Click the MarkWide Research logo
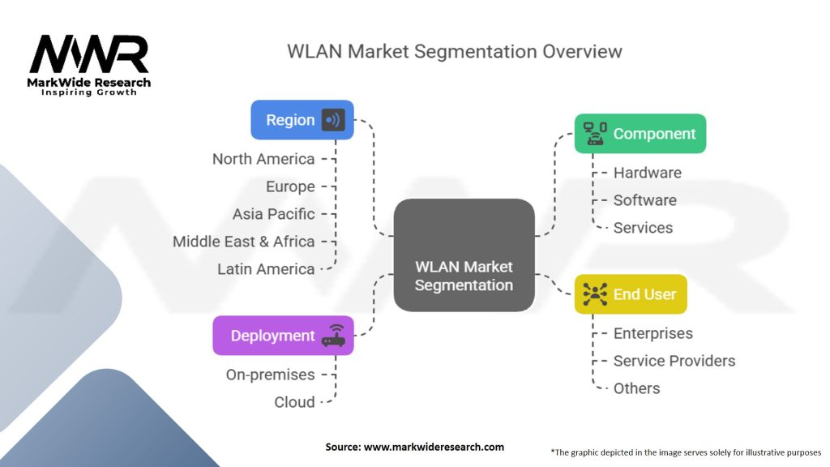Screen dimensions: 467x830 (x=89, y=63)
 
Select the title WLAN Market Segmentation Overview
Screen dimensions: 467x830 (x=455, y=51)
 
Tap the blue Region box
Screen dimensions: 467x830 (x=302, y=120)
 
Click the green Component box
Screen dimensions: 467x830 (x=640, y=134)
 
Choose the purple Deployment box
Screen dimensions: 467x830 (x=283, y=336)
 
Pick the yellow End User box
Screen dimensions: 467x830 (x=631, y=294)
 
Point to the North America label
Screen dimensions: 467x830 (x=263, y=159)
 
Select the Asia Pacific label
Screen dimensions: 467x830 (x=273, y=214)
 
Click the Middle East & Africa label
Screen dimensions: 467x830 (x=243, y=242)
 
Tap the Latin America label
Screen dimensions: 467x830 (x=266, y=269)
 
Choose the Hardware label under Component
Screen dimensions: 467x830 (x=647, y=173)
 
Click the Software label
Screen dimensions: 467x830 (x=644, y=200)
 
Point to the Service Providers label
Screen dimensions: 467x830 (x=674, y=361)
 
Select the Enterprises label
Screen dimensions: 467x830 (x=652, y=333)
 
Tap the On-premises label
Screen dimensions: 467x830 (x=270, y=375)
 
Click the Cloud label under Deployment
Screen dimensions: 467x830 (x=294, y=402)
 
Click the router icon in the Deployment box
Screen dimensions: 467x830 (x=333, y=336)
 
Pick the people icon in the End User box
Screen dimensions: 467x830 (x=595, y=294)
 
